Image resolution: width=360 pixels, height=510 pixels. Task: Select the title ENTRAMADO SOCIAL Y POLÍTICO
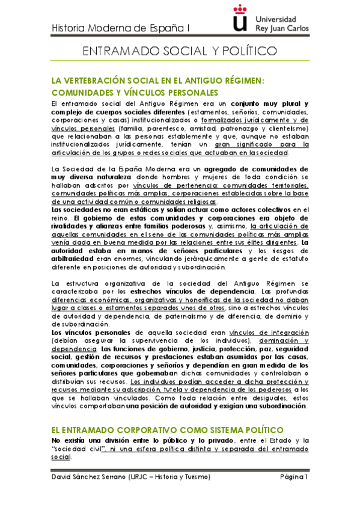(180, 52)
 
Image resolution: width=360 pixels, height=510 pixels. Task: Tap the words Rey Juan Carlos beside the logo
(282, 28)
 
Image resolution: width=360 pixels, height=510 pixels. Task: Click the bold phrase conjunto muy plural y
(270, 103)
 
